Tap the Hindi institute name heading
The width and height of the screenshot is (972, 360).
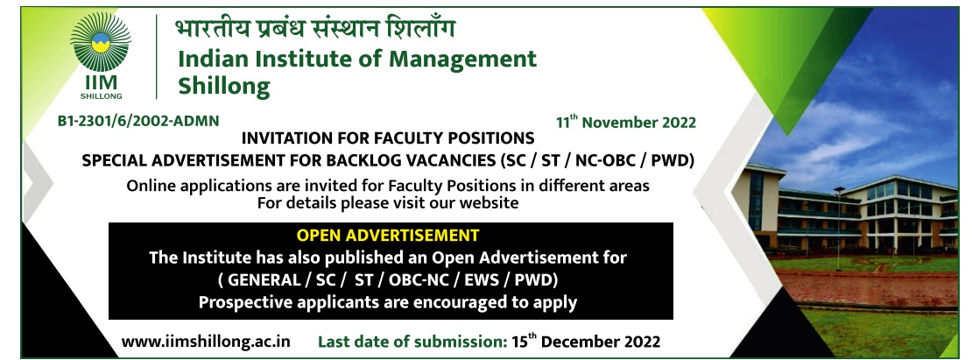(315, 29)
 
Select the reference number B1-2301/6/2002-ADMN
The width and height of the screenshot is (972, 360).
(138, 121)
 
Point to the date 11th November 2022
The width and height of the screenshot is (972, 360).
(625, 122)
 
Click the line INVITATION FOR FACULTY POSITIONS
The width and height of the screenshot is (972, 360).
(387, 137)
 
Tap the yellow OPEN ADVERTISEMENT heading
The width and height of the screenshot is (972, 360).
(387, 236)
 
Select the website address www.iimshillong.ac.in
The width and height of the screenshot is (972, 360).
(206, 342)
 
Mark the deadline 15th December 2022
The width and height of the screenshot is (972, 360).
(586, 342)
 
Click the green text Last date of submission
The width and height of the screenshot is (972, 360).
(412, 342)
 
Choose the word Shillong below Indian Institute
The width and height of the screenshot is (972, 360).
(224, 86)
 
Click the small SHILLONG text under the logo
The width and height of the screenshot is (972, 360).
(101, 96)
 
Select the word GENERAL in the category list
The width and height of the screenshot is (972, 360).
(263, 280)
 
